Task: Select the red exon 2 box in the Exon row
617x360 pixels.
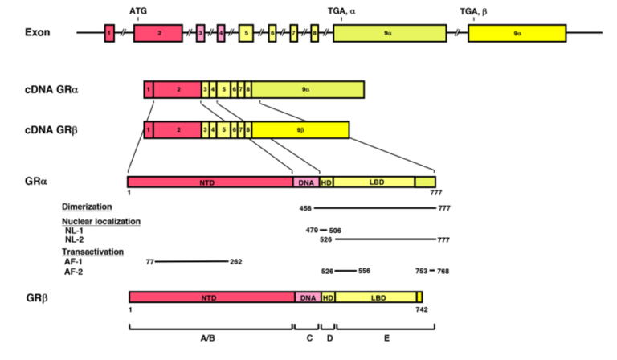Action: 159,33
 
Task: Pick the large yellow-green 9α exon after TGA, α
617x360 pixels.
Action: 389,33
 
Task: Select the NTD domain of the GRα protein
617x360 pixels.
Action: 210,182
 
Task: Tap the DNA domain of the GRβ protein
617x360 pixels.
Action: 308,297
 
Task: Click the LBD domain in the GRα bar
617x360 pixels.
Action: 374,182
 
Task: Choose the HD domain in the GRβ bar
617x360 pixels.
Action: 328,297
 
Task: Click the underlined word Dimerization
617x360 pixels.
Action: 86,207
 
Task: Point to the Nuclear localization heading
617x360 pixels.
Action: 101,221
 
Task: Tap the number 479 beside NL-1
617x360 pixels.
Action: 312,231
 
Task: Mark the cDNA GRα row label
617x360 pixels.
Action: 51,89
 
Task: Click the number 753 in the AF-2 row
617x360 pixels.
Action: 420,272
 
